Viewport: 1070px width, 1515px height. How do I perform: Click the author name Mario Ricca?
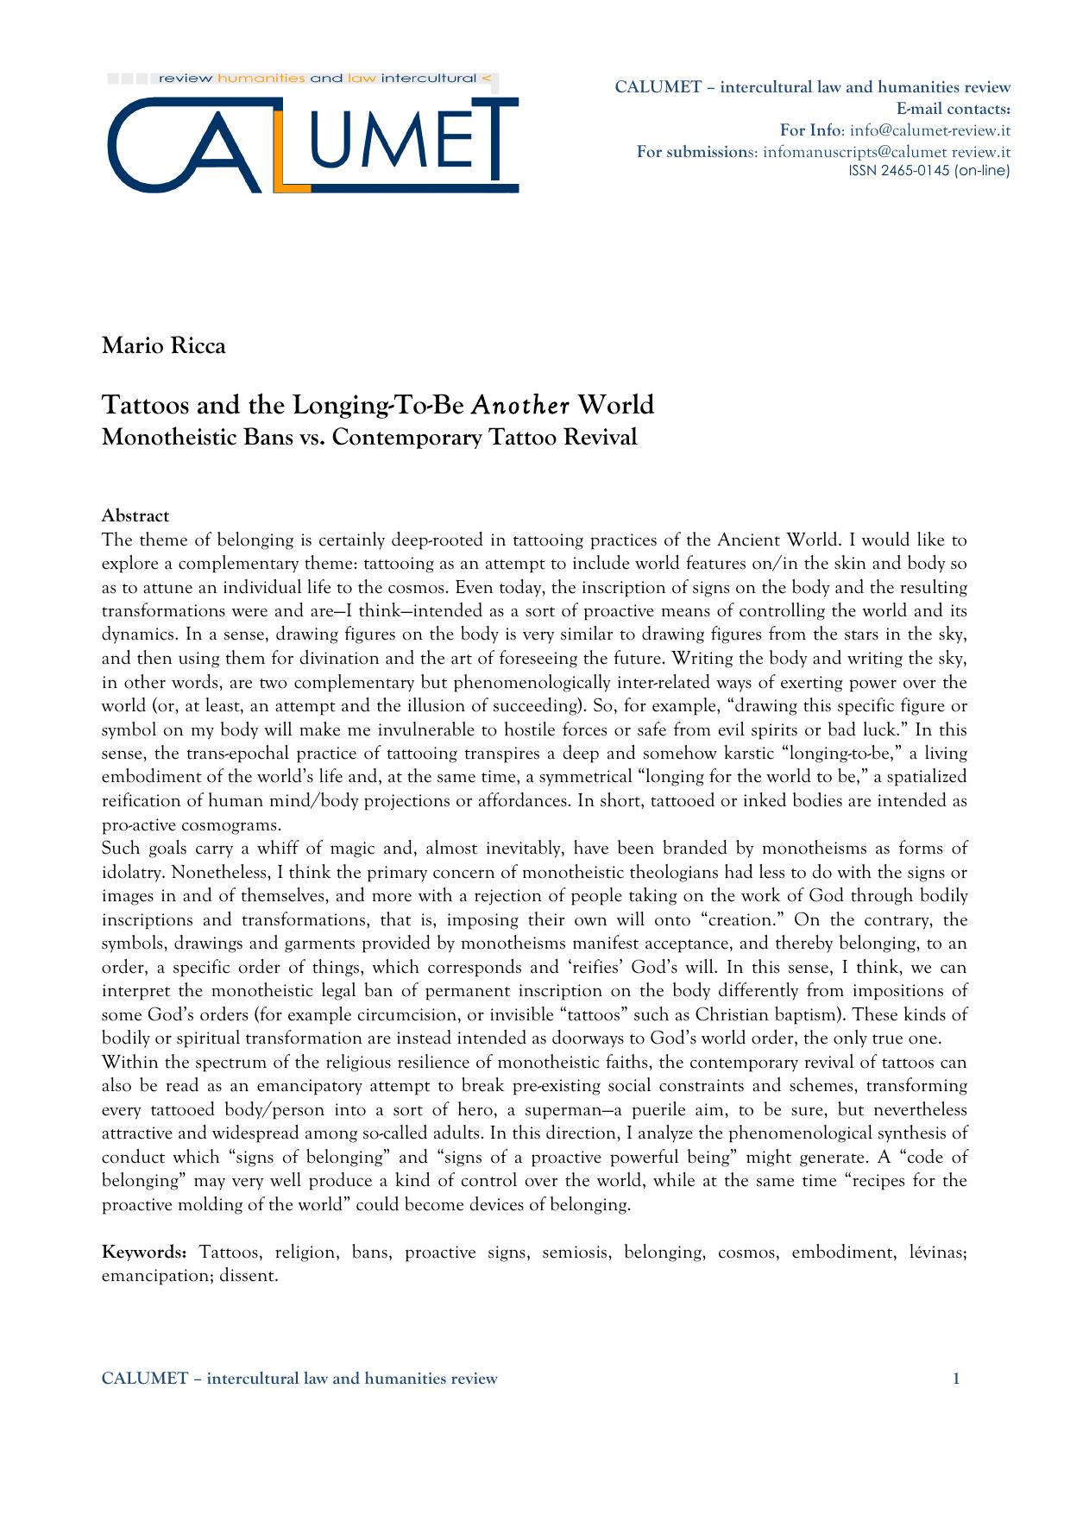point(164,346)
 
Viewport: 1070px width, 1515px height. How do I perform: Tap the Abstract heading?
point(135,516)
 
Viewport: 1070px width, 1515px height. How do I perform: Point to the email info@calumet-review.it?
point(929,130)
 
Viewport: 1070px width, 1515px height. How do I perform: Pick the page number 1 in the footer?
point(956,1379)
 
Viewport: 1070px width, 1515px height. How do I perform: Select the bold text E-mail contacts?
point(954,109)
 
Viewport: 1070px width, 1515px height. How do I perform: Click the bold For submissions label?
point(695,152)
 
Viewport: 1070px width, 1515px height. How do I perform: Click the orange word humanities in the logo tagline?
point(261,79)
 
